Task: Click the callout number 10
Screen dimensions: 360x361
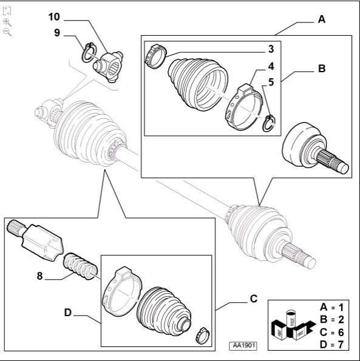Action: pyautogui.click(x=54, y=17)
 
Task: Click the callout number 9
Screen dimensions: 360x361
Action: pyautogui.click(x=57, y=33)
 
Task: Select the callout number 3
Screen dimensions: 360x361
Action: pyautogui.click(x=271, y=49)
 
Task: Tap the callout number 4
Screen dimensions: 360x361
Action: pyautogui.click(x=271, y=66)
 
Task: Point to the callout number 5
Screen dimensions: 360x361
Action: pyautogui.click(x=271, y=82)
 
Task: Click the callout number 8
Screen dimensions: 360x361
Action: pyautogui.click(x=40, y=276)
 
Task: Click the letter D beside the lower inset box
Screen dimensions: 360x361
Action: pyautogui.click(x=68, y=312)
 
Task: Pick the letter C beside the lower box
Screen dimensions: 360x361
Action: pyautogui.click(x=254, y=299)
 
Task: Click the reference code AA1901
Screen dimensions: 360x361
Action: pyautogui.click(x=243, y=345)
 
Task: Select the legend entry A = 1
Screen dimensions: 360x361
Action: pyautogui.click(x=332, y=307)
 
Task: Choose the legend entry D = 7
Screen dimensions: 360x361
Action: pyautogui.click(x=332, y=345)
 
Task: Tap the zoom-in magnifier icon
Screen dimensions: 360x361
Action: pyautogui.click(x=7, y=22)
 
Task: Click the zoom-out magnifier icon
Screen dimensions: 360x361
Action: pyautogui.click(x=7, y=32)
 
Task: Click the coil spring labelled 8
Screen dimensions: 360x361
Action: pyautogui.click(x=80, y=266)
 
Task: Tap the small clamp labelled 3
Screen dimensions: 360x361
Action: pyautogui.click(x=155, y=56)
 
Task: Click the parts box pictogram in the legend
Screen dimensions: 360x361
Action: pyautogui.click(x=293, y=325)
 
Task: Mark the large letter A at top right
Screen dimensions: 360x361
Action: pyautogui.click(x=322, y=19)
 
